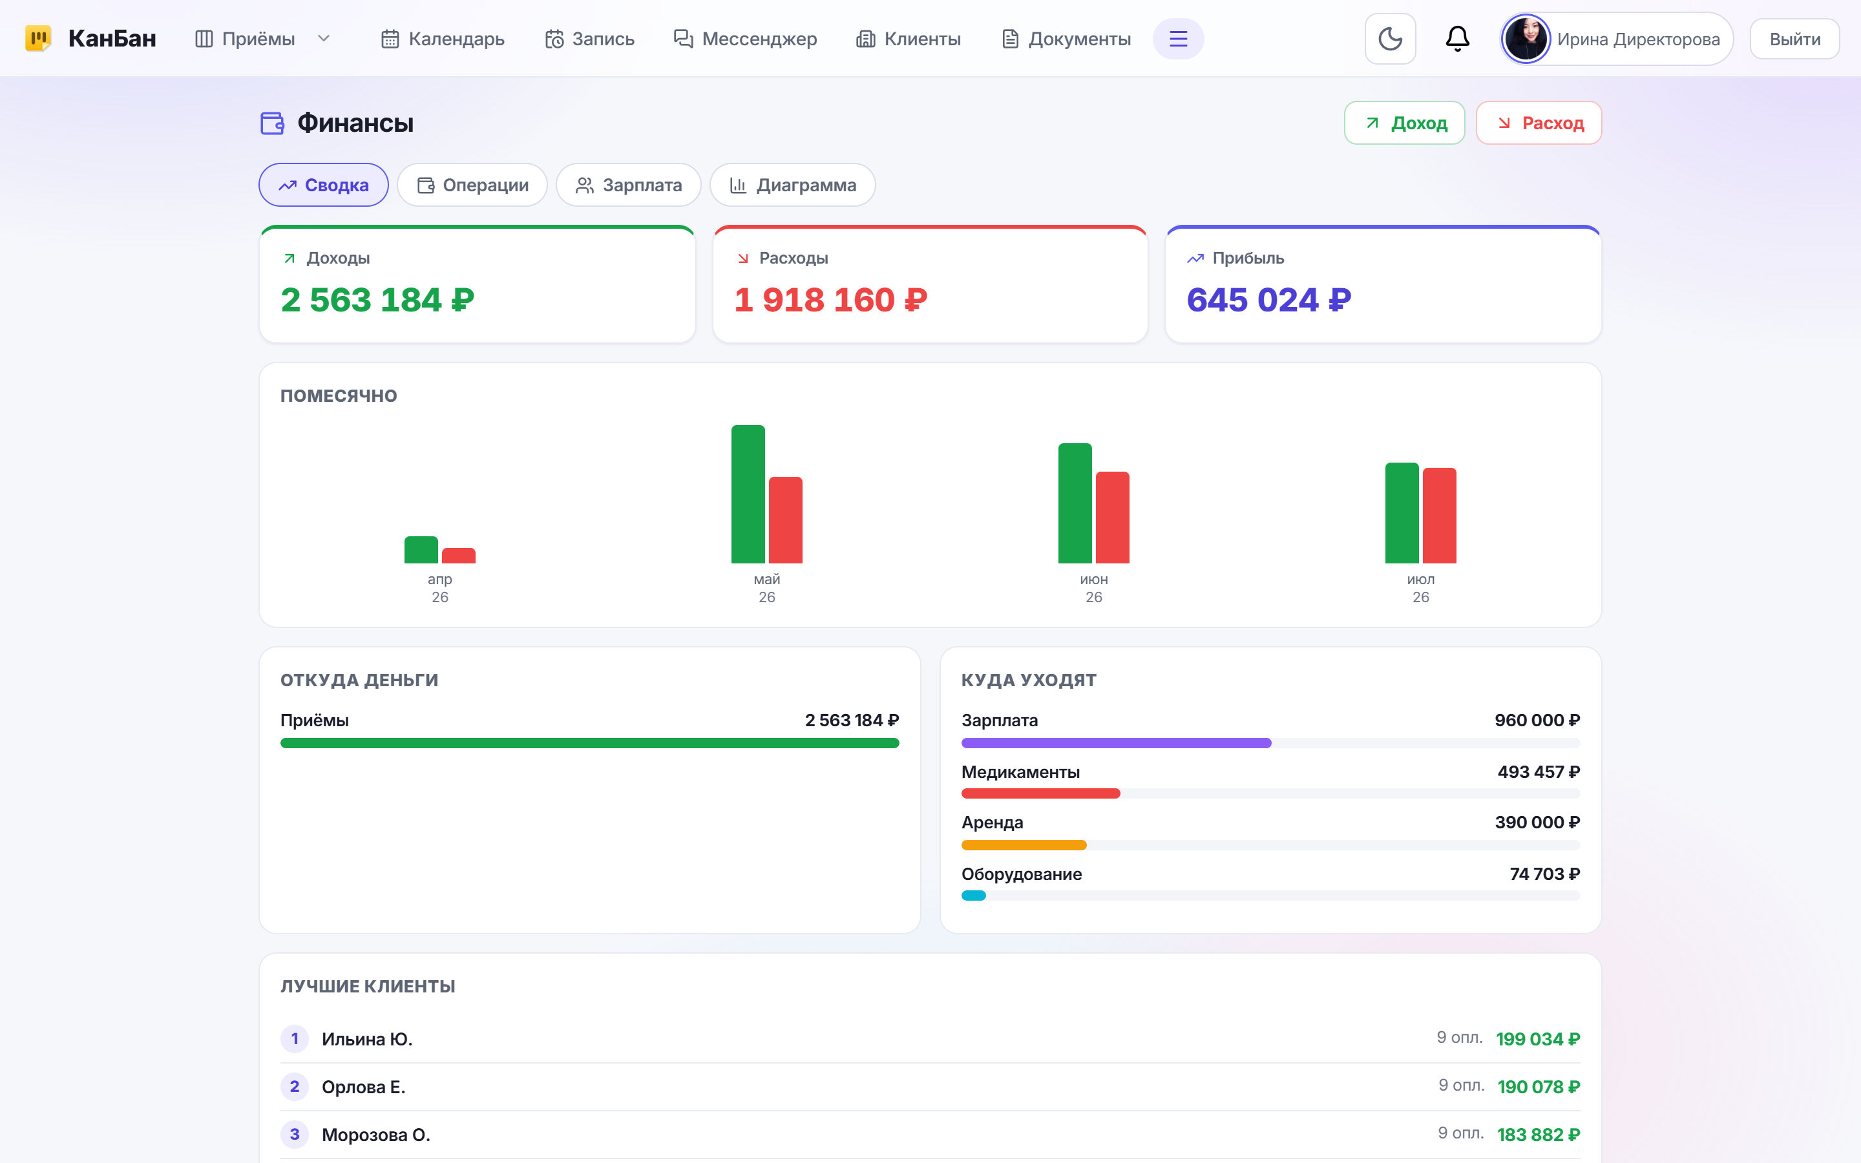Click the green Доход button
click(1404, 123)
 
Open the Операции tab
click(472, 185)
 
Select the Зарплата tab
click(628, 185)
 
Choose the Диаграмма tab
click(792, 185)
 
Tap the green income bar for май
click(748, 494)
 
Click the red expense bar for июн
click(1112, 517)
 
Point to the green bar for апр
click(421, 550)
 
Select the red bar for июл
click(1440, 516)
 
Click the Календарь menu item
click(443, 39)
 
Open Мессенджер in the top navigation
click(745, 39)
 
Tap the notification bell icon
click(1457, 39)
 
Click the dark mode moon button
click(1391, 39)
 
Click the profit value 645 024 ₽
click(1269, 300)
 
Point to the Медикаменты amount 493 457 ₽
click(1539, 771)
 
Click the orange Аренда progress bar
click(1024, 845)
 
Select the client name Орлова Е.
click(364, 1087)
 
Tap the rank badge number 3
click(295, 1135)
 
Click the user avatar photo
click(1526, 39)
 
